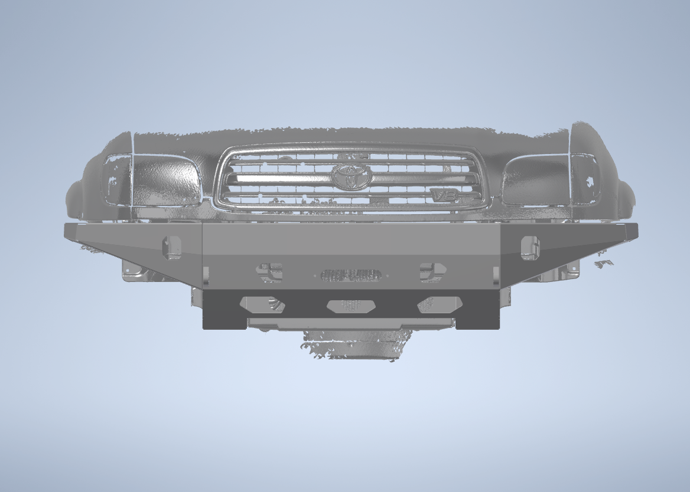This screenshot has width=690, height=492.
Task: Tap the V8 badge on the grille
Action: [440, 193]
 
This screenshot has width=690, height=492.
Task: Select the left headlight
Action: [166, 182]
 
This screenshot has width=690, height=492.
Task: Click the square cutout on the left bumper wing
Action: [173, 247]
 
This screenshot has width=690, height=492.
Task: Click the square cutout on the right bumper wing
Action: [529, 248]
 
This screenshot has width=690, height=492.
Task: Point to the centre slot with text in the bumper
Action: [350, 275]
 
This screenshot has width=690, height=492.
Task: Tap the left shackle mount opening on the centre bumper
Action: [269, 272]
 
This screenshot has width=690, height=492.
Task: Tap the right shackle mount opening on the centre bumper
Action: [432, 272]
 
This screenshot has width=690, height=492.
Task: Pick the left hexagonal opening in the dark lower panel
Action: [262, 304]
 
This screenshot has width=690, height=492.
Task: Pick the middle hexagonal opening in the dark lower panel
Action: [351, 305]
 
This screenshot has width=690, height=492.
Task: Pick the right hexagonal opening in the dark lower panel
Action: [440, 304]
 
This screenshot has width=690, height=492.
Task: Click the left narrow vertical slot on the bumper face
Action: [206, 275]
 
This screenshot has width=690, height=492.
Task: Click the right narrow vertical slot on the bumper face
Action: [496, 275]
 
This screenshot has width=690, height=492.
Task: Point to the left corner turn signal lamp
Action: [117, 179]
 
